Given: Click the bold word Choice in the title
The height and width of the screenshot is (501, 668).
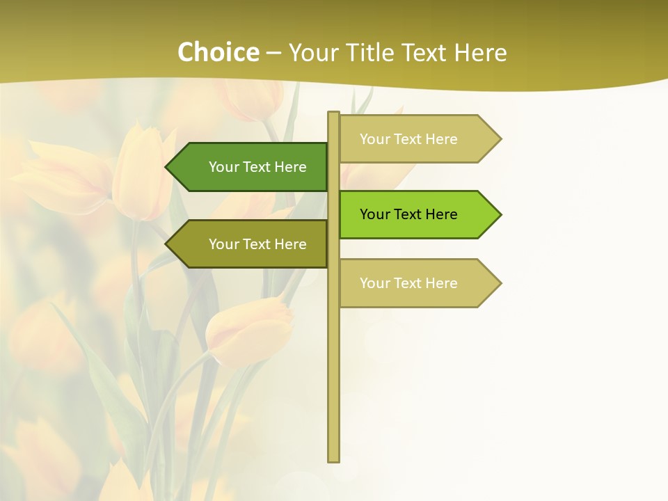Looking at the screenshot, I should point(218,52).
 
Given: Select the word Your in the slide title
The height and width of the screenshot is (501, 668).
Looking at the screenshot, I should point(312,52).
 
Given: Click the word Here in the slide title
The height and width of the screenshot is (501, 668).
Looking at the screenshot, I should point(480,52).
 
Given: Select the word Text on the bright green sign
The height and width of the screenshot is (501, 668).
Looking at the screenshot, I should point(408,214).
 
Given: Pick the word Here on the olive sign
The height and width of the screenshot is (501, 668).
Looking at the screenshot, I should point(291,244).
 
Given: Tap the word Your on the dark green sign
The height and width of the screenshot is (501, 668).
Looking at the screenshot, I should point(224,167).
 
